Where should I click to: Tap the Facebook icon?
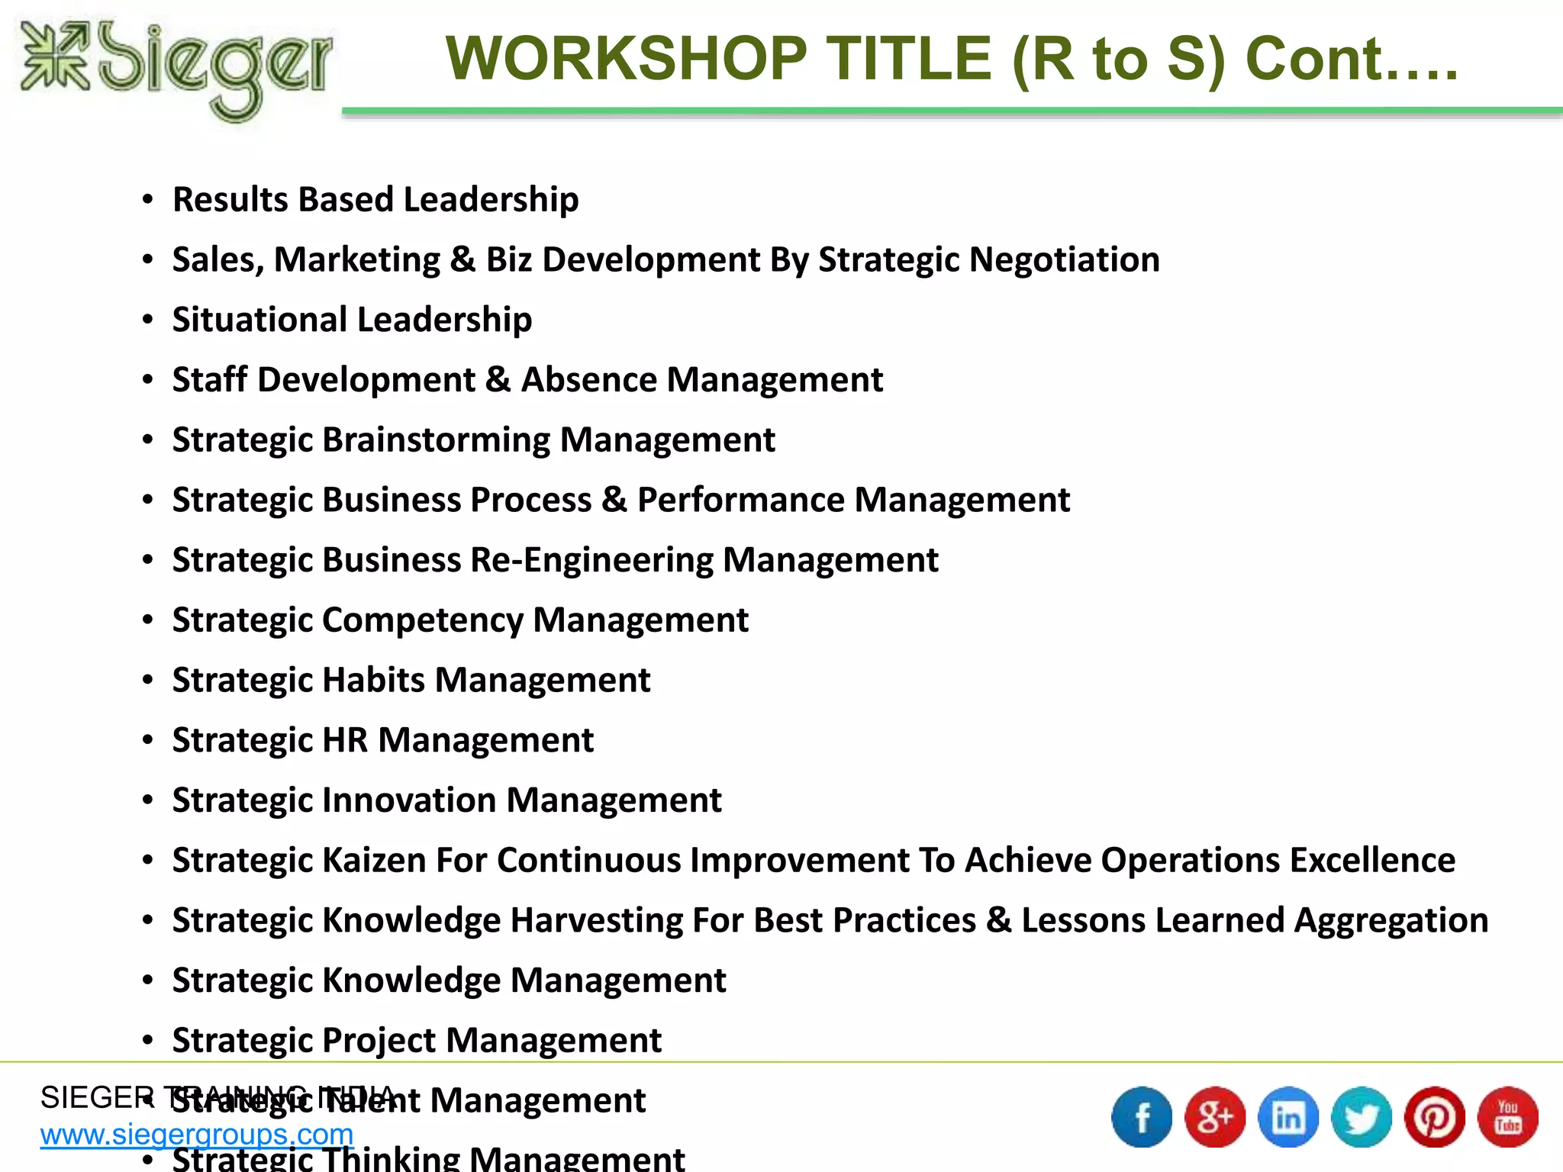click(1142, 1117)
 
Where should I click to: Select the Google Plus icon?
click(1215, 1117)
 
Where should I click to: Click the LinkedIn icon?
click(1288, 1117)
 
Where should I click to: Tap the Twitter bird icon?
click(1362, 1117)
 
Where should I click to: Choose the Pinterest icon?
click(1435, 1117)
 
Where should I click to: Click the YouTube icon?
click(1508, 1117)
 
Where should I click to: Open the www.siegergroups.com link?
click(197, 1135)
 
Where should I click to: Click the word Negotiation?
click(1065, 260)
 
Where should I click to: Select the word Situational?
click(259, 320)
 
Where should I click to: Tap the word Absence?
click(588, 380)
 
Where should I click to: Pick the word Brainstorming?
click(436, 440)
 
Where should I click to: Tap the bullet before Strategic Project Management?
click(147, 1041)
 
